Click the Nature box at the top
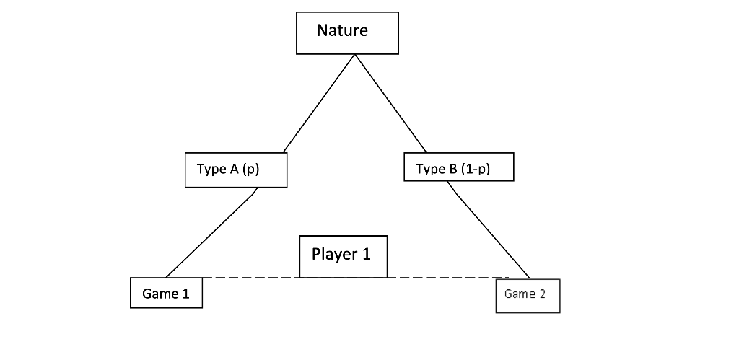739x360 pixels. click(347, 32)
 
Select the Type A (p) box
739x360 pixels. click(236, 170)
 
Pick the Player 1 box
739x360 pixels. click(344, 256)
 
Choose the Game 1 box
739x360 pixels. click(166, 292)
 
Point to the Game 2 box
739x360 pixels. click(528, 296)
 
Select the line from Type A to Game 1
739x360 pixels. click(210, 234)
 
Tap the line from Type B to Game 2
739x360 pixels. click(489, 231)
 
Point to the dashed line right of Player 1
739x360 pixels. click(447, 277)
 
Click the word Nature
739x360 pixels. click(342, 30)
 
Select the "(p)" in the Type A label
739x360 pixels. click(250, 170)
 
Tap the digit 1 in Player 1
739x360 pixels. click(366, 254)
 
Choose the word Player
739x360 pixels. click(334, 255)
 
